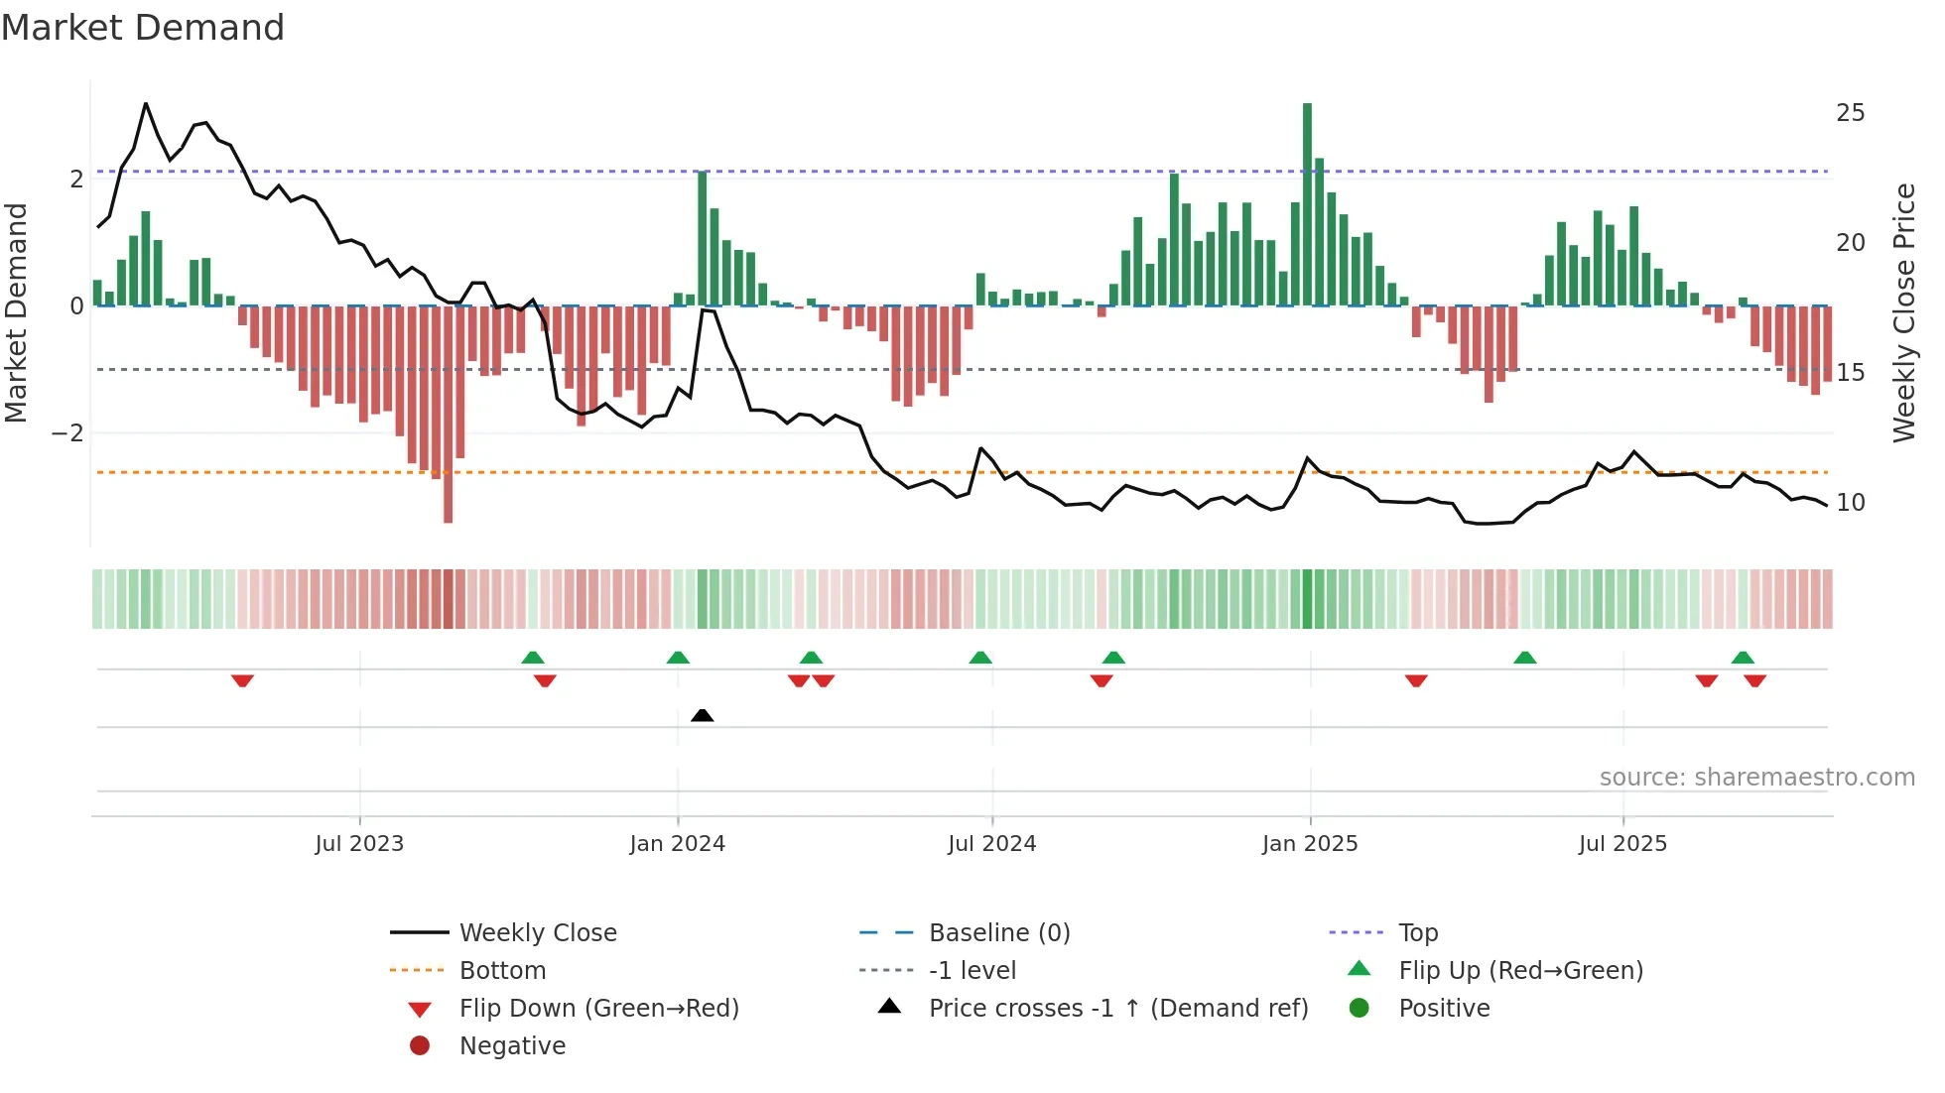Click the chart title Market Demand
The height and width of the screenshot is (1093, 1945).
click(x=143, y=28)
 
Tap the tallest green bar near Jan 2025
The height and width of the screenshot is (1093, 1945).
click(x=1307, y=203)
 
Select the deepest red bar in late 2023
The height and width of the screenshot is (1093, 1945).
click(x=448, y=415)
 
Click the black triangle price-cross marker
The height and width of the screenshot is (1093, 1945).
click(x=702, y=715)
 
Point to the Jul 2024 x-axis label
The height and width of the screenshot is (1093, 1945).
click(x=991, y=844)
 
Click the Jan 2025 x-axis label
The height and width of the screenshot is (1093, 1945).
click(x=1309, y=844)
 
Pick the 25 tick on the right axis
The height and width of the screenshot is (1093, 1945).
click(x=1850, y=113)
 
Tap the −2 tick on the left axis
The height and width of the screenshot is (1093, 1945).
click(x=67, y=433)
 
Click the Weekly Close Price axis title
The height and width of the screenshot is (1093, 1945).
click(x=1903, y=312)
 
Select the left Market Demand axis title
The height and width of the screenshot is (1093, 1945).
click(x=17, y=312)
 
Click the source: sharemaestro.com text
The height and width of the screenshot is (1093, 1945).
click(x=1756, y=778)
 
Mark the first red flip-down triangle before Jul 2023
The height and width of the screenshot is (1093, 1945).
click(x=242, y=680)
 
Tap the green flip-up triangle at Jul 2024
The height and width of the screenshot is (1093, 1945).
click(x=980, y=658)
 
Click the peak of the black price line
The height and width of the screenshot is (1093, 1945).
click(x=146, y=104)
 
